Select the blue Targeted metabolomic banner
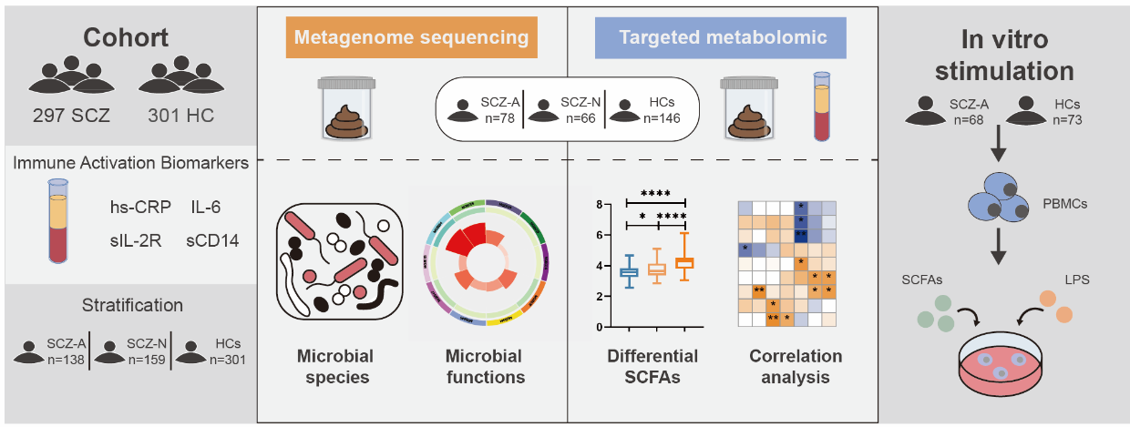(x=723, y=38)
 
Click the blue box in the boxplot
(x=629, y=272)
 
